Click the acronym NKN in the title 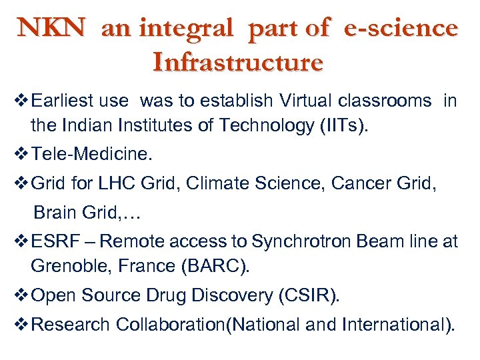pos(52,27)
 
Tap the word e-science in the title pos(401,27)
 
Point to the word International pos(397,325)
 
